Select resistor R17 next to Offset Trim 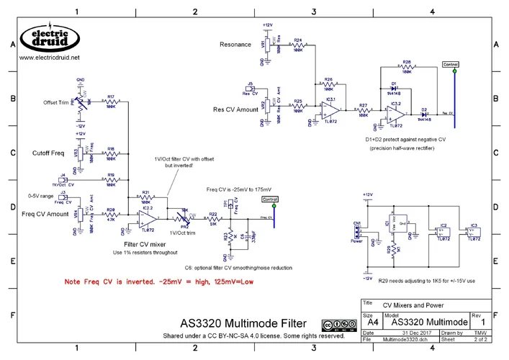coord(111,103)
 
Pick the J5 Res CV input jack coord(250,89)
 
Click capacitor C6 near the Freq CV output coord(245,235)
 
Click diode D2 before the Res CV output coord(425,114)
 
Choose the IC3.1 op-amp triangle coord(331,109)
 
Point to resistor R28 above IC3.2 coord(407,68)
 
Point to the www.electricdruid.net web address coord(49,58)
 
